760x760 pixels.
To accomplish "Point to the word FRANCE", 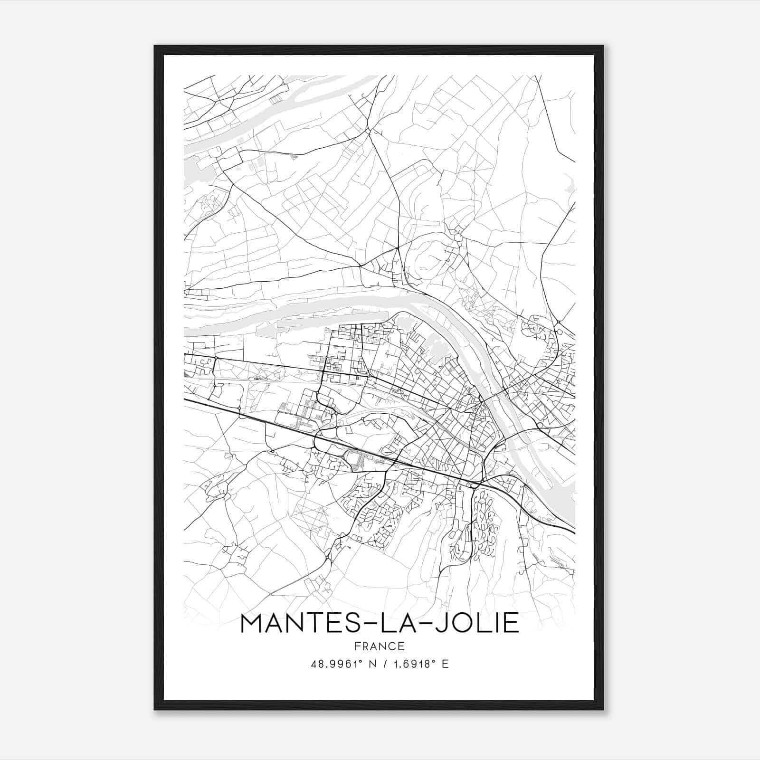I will click(x=380, y=646).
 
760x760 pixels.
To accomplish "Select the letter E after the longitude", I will click(x=445, y=664).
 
